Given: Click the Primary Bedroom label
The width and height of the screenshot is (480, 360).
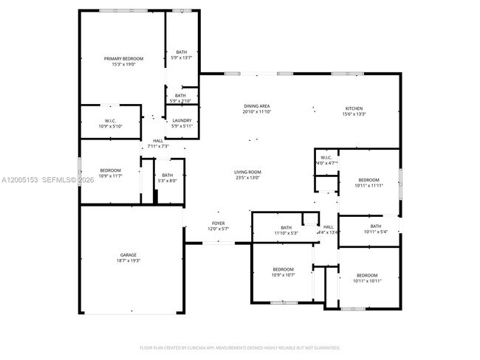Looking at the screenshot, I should tap(123, 58).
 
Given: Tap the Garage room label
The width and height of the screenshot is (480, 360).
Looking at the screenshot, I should tap(128, 255).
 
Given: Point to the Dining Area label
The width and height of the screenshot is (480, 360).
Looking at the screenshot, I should tap(257, 106).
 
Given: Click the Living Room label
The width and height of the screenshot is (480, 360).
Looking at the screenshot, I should tap(248, 172).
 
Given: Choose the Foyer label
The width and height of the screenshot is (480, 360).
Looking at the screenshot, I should tap(219, 224).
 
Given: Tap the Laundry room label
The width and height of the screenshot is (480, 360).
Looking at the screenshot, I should tap(181, 121).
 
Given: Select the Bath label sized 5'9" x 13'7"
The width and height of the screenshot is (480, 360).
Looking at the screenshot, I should tap(181, 52).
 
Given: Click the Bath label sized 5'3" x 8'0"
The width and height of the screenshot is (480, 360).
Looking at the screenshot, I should tap(168, 175).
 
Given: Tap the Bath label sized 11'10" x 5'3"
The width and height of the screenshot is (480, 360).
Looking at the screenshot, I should tap(286, 227).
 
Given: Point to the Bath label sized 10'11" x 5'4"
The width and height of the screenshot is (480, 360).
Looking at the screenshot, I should tap(376, 226).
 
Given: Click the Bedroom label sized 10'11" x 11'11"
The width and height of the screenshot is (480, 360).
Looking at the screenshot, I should tap(368, 180).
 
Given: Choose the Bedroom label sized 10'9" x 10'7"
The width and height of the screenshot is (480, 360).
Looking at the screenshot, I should tap(283, 269).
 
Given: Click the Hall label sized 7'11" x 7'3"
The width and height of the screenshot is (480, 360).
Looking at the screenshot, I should tap(158, 141).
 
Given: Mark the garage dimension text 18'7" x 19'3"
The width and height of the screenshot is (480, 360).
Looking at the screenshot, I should tap(128, 260).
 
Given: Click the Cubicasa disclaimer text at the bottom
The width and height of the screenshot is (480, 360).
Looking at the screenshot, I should tap(240, 347).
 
